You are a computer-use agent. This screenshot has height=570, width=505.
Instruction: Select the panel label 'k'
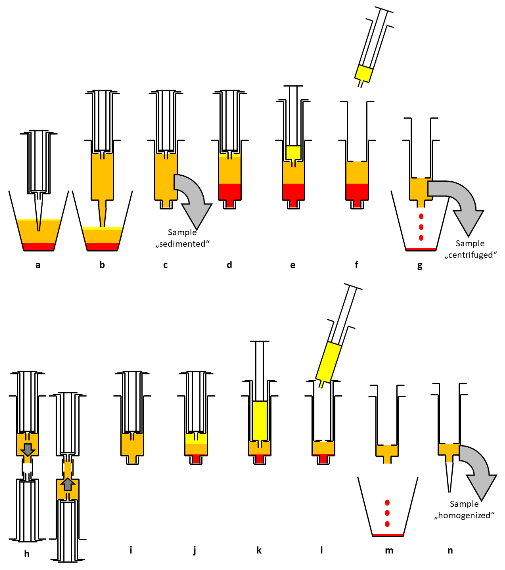(259, 550)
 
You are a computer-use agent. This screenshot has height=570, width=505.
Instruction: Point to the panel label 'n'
(450, 550)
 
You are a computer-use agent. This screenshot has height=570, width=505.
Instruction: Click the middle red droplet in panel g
(421, 227)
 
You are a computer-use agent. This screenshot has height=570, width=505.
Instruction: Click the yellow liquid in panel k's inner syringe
(259, 421)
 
